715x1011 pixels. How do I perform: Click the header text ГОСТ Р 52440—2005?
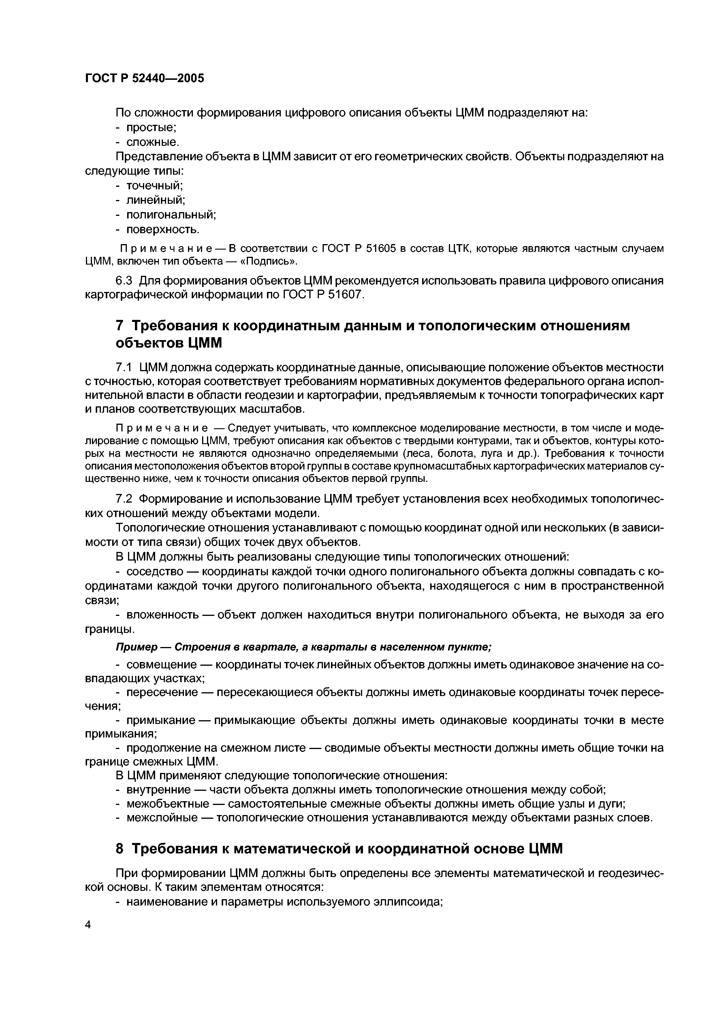[144, 78]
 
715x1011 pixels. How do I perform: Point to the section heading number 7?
[119, 326]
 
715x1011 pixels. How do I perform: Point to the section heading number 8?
[119, 848]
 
